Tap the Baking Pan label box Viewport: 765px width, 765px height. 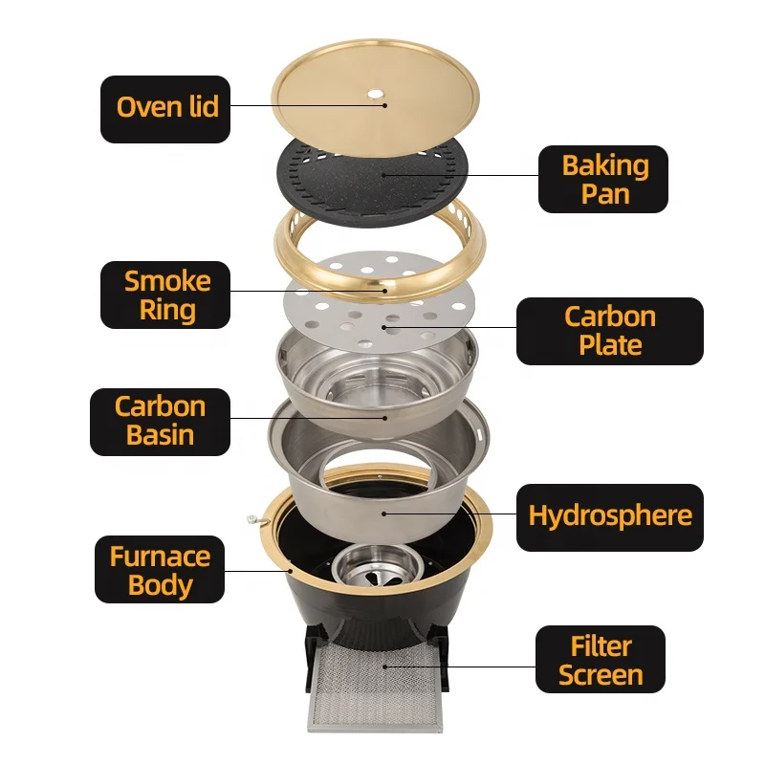(x=603, y=179)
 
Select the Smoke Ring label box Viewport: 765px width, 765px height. (x=166, y=295)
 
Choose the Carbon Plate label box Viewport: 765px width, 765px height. (x=609, y=330)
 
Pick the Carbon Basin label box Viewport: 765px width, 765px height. (x=160, y=421)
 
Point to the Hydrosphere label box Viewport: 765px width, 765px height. (x=609, y=516)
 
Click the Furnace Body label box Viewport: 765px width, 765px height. (x=160, y=571)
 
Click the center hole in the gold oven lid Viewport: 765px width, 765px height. (x=375, y=95)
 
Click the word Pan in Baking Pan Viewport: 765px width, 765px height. (x=604, y=194)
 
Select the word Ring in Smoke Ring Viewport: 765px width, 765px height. (x=167, y=311)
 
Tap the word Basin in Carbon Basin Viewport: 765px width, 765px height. (x=160, y=436)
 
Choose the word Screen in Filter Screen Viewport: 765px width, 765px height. (x=600, y=675)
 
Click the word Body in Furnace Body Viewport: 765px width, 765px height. (x=160, y=585)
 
